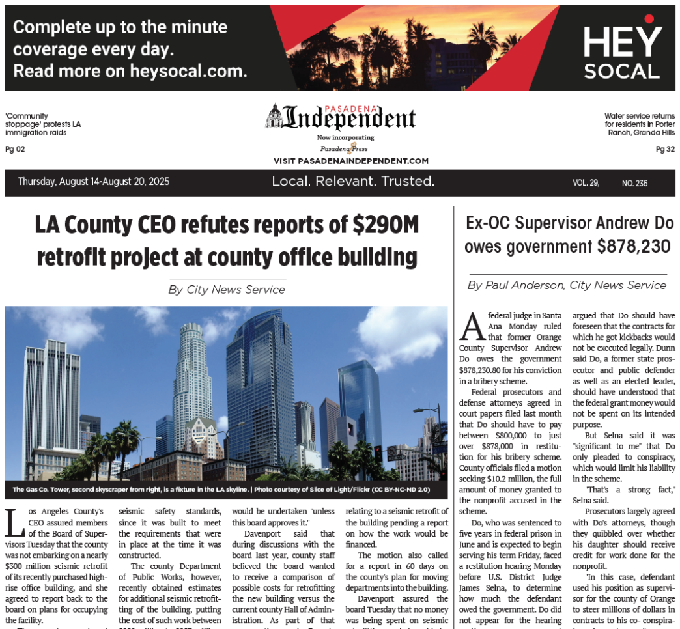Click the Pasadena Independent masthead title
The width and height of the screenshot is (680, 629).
click(340, 119)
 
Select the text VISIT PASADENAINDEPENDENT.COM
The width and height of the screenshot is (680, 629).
click(351, 161)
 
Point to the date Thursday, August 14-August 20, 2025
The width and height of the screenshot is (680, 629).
click(94, 182)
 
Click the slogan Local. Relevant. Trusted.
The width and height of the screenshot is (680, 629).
click(353, 182)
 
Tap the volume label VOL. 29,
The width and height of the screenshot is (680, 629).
click(586, 183)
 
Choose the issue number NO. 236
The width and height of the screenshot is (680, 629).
click(634, 183)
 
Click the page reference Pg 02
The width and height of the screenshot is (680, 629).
click(14, 149)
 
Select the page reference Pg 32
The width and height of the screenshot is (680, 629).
click(665, 149)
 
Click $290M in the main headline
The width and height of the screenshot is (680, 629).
click(384, 225)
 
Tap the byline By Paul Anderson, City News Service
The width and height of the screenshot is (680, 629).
click(567, 285)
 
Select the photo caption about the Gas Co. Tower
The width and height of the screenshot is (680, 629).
click(220, 489)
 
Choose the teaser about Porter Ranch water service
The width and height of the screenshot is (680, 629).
click(639, 124)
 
